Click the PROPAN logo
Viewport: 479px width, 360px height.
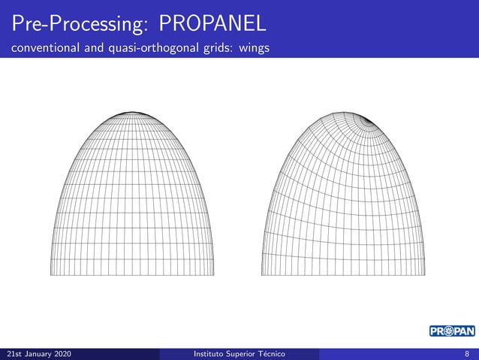(452, 331)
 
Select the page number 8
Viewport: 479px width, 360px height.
(466, 353)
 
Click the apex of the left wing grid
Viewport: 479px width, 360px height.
(132, 113)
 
